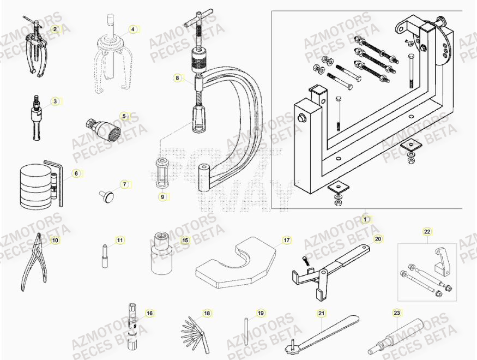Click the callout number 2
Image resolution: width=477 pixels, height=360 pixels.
pyautogui.click(x=55, y=28)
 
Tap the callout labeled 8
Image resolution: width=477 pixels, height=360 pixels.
pyautogui.click(x=177, y=78)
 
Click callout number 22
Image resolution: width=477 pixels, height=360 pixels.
pyautogui.click(x=427, y=232)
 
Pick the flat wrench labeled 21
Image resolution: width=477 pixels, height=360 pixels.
pyautogui.click(x=322, y=334)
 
